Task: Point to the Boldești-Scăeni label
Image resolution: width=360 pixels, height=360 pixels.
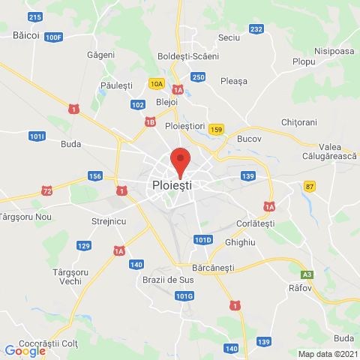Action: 188,56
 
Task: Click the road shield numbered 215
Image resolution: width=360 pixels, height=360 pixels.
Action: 34,16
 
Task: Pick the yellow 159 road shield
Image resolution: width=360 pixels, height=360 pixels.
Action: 217,129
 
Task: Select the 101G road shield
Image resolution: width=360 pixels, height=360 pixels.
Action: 184,296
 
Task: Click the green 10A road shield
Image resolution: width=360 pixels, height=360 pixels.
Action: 156,83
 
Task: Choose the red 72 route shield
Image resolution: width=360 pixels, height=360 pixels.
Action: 47,192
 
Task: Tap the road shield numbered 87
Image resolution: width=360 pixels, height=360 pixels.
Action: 310,185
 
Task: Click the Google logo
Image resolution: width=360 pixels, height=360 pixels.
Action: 25,350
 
